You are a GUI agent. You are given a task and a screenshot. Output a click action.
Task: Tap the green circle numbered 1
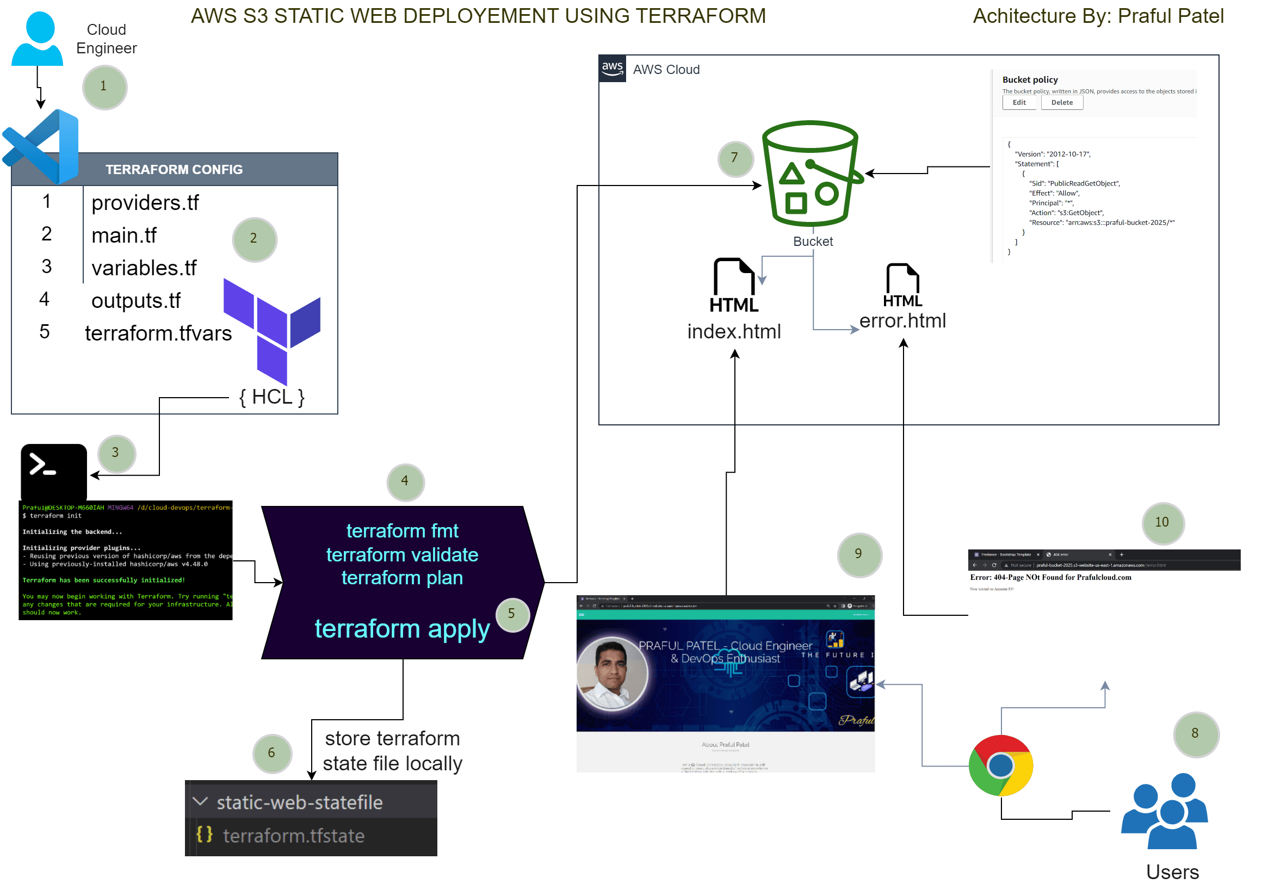click(104, 88)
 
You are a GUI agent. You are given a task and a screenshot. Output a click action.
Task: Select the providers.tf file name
click(145, 203)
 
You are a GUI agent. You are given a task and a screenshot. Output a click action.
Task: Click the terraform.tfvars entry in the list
click(158, 333)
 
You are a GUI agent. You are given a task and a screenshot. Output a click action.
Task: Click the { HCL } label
click(272, 398)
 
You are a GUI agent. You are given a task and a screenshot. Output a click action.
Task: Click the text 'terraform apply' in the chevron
click(402, 629)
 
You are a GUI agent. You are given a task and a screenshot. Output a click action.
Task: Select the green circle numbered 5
click(512, 615)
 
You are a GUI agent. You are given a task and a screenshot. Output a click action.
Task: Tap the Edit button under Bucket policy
click(1019, 103)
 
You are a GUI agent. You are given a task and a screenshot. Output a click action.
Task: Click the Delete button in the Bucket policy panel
click(1062, 103)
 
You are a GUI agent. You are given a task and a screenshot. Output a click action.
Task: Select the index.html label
click(734, 332)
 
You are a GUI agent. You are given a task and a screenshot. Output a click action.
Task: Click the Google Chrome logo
click(1001, 767)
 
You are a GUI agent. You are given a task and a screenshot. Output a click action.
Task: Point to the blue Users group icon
click(1166, 812)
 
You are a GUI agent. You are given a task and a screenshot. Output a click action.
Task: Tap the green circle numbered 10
click(1163, 523)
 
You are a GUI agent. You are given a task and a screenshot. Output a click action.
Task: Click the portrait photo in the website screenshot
click(613, 674)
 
